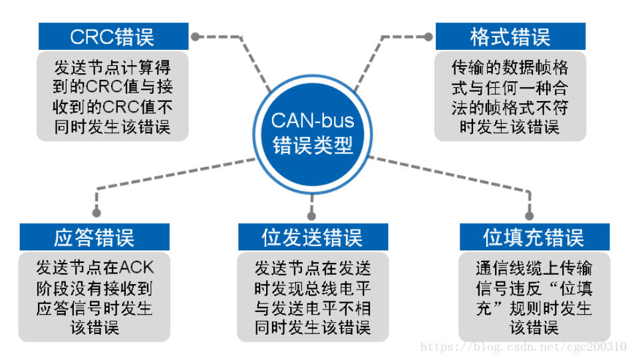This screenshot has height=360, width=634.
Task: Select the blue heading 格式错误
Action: coord(510,36)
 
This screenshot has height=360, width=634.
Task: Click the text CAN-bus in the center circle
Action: coord(313,121)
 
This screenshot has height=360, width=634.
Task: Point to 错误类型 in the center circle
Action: coord(313,146)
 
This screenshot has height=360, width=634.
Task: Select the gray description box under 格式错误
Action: coord(510,96)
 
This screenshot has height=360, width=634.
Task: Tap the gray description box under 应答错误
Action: coord(94,297)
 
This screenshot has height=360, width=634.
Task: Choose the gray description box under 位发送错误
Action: coord(312,297)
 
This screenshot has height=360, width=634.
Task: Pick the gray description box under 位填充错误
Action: coord(534,297)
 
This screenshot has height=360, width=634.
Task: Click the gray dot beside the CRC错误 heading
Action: coord(195,37)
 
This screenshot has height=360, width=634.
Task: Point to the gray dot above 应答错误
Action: coord(96,214)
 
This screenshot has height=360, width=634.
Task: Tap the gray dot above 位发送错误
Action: coord(311,214)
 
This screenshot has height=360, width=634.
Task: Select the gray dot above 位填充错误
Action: coord(530,214)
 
